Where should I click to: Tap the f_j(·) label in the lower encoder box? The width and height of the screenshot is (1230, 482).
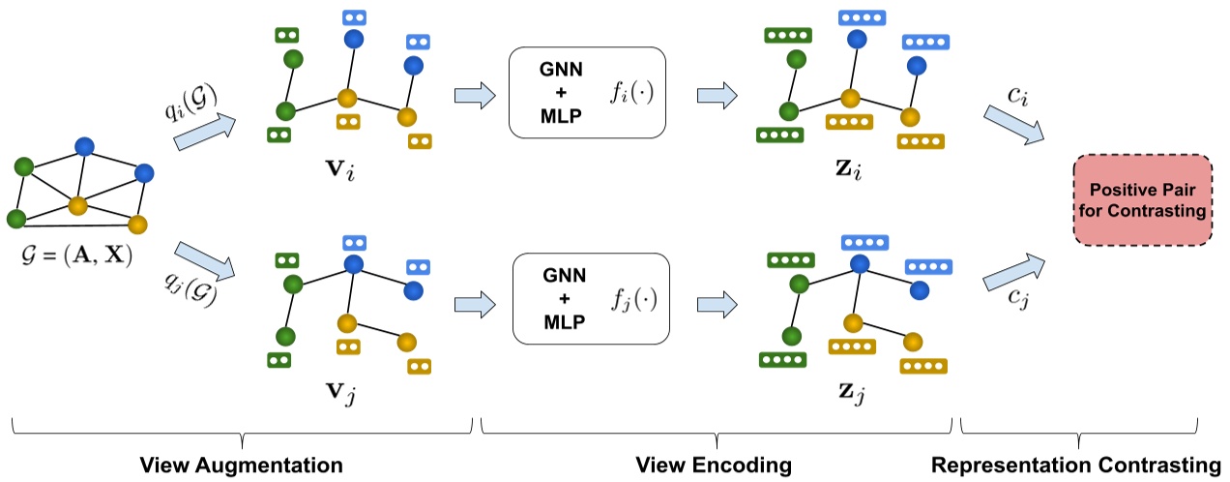tap(634, 299)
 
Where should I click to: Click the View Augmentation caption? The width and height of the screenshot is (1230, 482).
tap(242, 466)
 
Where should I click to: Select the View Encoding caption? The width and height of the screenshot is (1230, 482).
tap(715, 466)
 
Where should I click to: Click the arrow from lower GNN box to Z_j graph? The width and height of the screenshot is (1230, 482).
tap(717, 300)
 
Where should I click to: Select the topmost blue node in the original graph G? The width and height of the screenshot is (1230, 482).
tap(84, 146)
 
